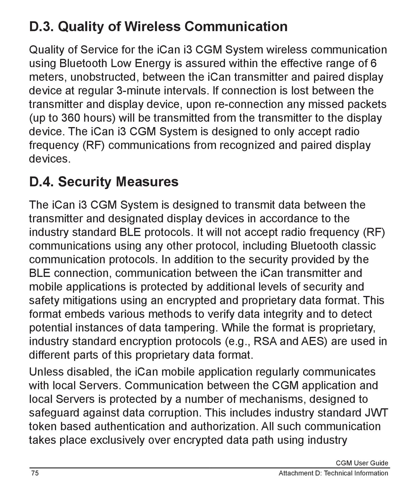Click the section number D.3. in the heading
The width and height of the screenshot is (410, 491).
42,27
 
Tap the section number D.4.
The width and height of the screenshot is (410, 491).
42,182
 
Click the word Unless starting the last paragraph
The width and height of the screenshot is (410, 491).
46,372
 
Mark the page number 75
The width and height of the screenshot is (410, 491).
35,473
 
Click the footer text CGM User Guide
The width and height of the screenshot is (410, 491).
362,463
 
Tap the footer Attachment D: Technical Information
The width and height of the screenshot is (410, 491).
333,473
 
